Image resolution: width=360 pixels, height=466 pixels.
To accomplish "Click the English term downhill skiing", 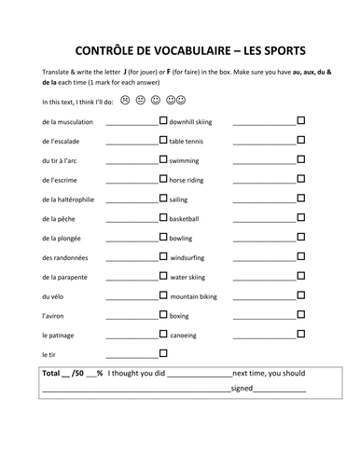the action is (198, 122).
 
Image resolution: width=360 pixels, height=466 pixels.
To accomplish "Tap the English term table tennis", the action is (190, 142).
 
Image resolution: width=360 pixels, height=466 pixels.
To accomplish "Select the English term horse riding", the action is (191, 180).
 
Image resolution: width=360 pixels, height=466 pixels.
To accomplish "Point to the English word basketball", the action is (187, 219).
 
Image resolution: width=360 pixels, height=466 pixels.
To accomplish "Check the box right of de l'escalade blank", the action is (163, 140).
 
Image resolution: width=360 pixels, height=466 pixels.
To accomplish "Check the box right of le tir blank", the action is (163, 353).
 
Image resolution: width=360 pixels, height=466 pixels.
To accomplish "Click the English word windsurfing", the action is (191, 258).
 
